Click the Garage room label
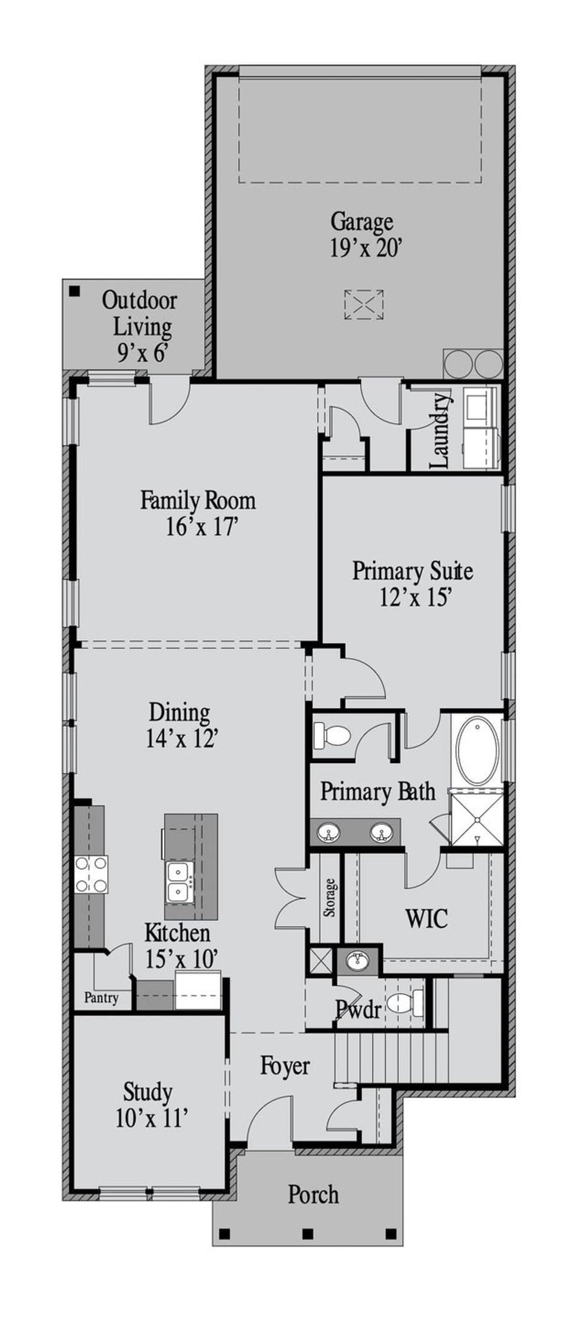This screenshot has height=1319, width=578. point(361,222)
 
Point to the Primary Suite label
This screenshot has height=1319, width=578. point(412,570)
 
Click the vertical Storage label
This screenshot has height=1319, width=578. point(330,898)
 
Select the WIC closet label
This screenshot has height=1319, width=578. point(426,918)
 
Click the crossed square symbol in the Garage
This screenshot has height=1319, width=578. point(364,305)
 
